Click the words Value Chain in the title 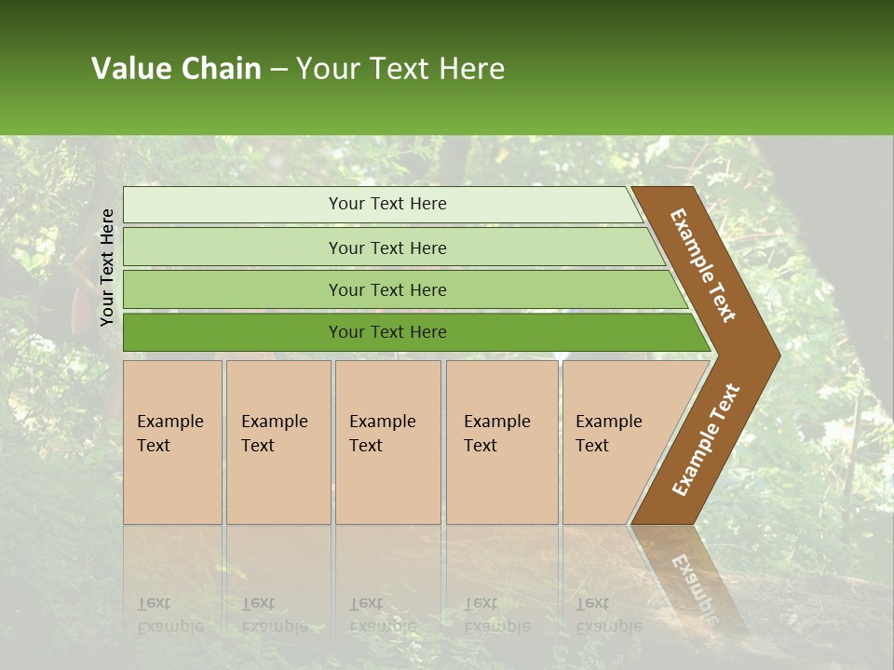(x=176, y=69)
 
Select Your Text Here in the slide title (x=400, y=69)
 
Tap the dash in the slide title (x=278, y=70)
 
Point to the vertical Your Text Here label (x=107, y=267)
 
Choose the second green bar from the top (x=387, y=248)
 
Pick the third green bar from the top (x=387, y=289)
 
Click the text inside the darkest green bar (x=387, y=332)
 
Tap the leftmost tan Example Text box (x=172, y=442)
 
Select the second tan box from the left (x=278, y=442)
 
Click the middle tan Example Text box (x=387, y=442)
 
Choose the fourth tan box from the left (x=502, y=442)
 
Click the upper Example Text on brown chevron (x=703, y=265)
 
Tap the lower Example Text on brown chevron (x=706, y=439)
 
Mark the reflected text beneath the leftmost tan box (x=170, y=614)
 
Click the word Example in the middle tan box (x=382, y=422)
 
